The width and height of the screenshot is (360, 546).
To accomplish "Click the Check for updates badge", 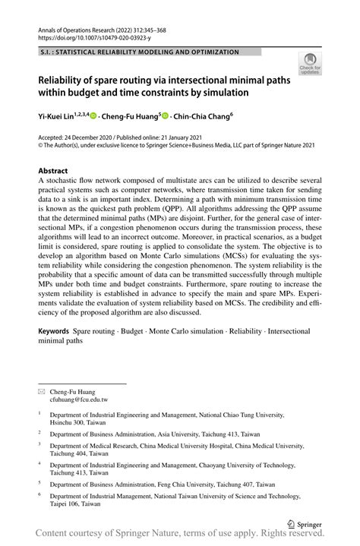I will tap(309, 65).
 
